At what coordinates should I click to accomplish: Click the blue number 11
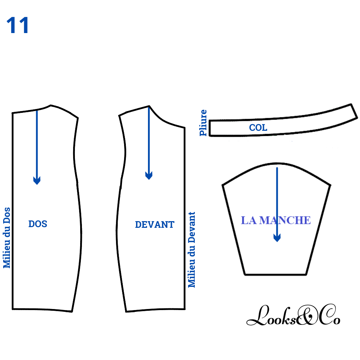(x=17, y=25)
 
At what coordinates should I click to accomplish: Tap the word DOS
(x=38, y=224)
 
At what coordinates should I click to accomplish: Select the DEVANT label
(x=154, y=224)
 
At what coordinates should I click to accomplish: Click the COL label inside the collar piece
(x=258, y=127)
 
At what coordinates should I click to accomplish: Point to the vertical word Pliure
(x=203, y=123)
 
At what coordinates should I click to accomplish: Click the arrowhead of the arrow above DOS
(x=37, y=180)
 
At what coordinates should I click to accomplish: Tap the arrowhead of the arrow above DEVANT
(x=149, y=175)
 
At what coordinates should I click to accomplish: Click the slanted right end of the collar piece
(x=354, y=111)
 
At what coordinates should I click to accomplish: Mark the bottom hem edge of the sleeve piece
(x=275, y=274)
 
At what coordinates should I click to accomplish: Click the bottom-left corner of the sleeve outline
(x=244, y=274)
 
